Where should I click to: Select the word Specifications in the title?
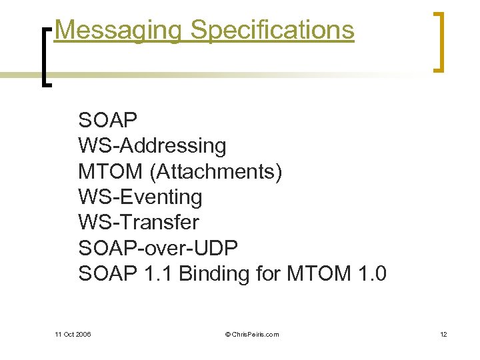(272, 30)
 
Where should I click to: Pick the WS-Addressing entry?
(152, 146)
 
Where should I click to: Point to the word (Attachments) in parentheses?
(216, 171)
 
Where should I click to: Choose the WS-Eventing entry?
(140, 197)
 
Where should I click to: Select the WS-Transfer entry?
(139, 222)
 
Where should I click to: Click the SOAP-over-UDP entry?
(158, 247)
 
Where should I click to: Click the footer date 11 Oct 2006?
(73, 334)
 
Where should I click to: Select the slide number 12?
(443, 334)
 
